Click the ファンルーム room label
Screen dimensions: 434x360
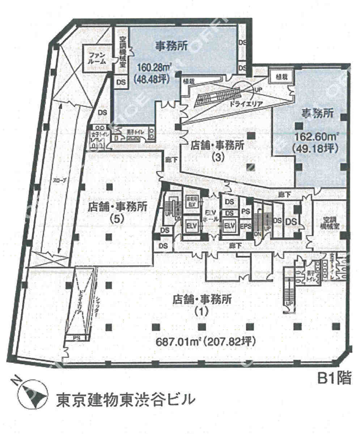click(x=97, y=58)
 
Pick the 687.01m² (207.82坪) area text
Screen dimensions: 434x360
click(x=205, y=342)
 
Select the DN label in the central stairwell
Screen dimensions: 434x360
click(x=258, y=233)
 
